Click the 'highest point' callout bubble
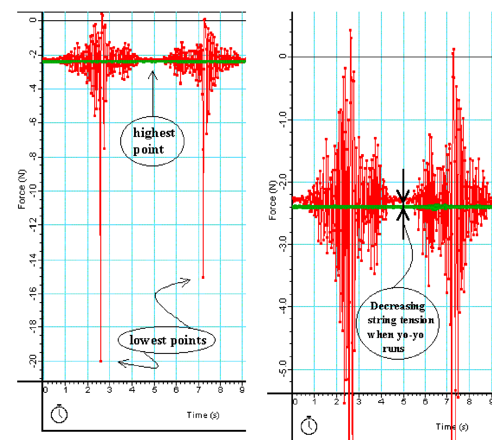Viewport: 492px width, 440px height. pos(152,141)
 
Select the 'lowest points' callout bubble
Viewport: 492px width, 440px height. pos(167,340)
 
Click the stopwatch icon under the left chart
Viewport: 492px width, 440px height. pos(59,414)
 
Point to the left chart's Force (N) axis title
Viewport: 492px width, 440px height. pos(22,189)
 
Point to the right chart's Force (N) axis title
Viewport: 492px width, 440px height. pos(272,200)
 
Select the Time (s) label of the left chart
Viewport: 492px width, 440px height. pos(203,415)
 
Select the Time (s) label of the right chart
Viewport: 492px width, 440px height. pos(452,427)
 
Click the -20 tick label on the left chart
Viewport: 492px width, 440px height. pos(33,361)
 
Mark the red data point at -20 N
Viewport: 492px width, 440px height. pos(101,361)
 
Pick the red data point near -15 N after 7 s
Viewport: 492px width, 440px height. pos(203,277)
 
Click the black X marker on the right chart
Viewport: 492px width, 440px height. pos(403,205)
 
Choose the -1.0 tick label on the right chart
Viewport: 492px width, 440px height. pos(283,119)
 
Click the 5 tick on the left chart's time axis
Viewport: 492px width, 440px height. pos(154,390)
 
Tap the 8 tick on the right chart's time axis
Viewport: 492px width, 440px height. pos(469,401)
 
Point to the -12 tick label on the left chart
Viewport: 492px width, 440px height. pos(33,225)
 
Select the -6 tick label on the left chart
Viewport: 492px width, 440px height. pos(33,123)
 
